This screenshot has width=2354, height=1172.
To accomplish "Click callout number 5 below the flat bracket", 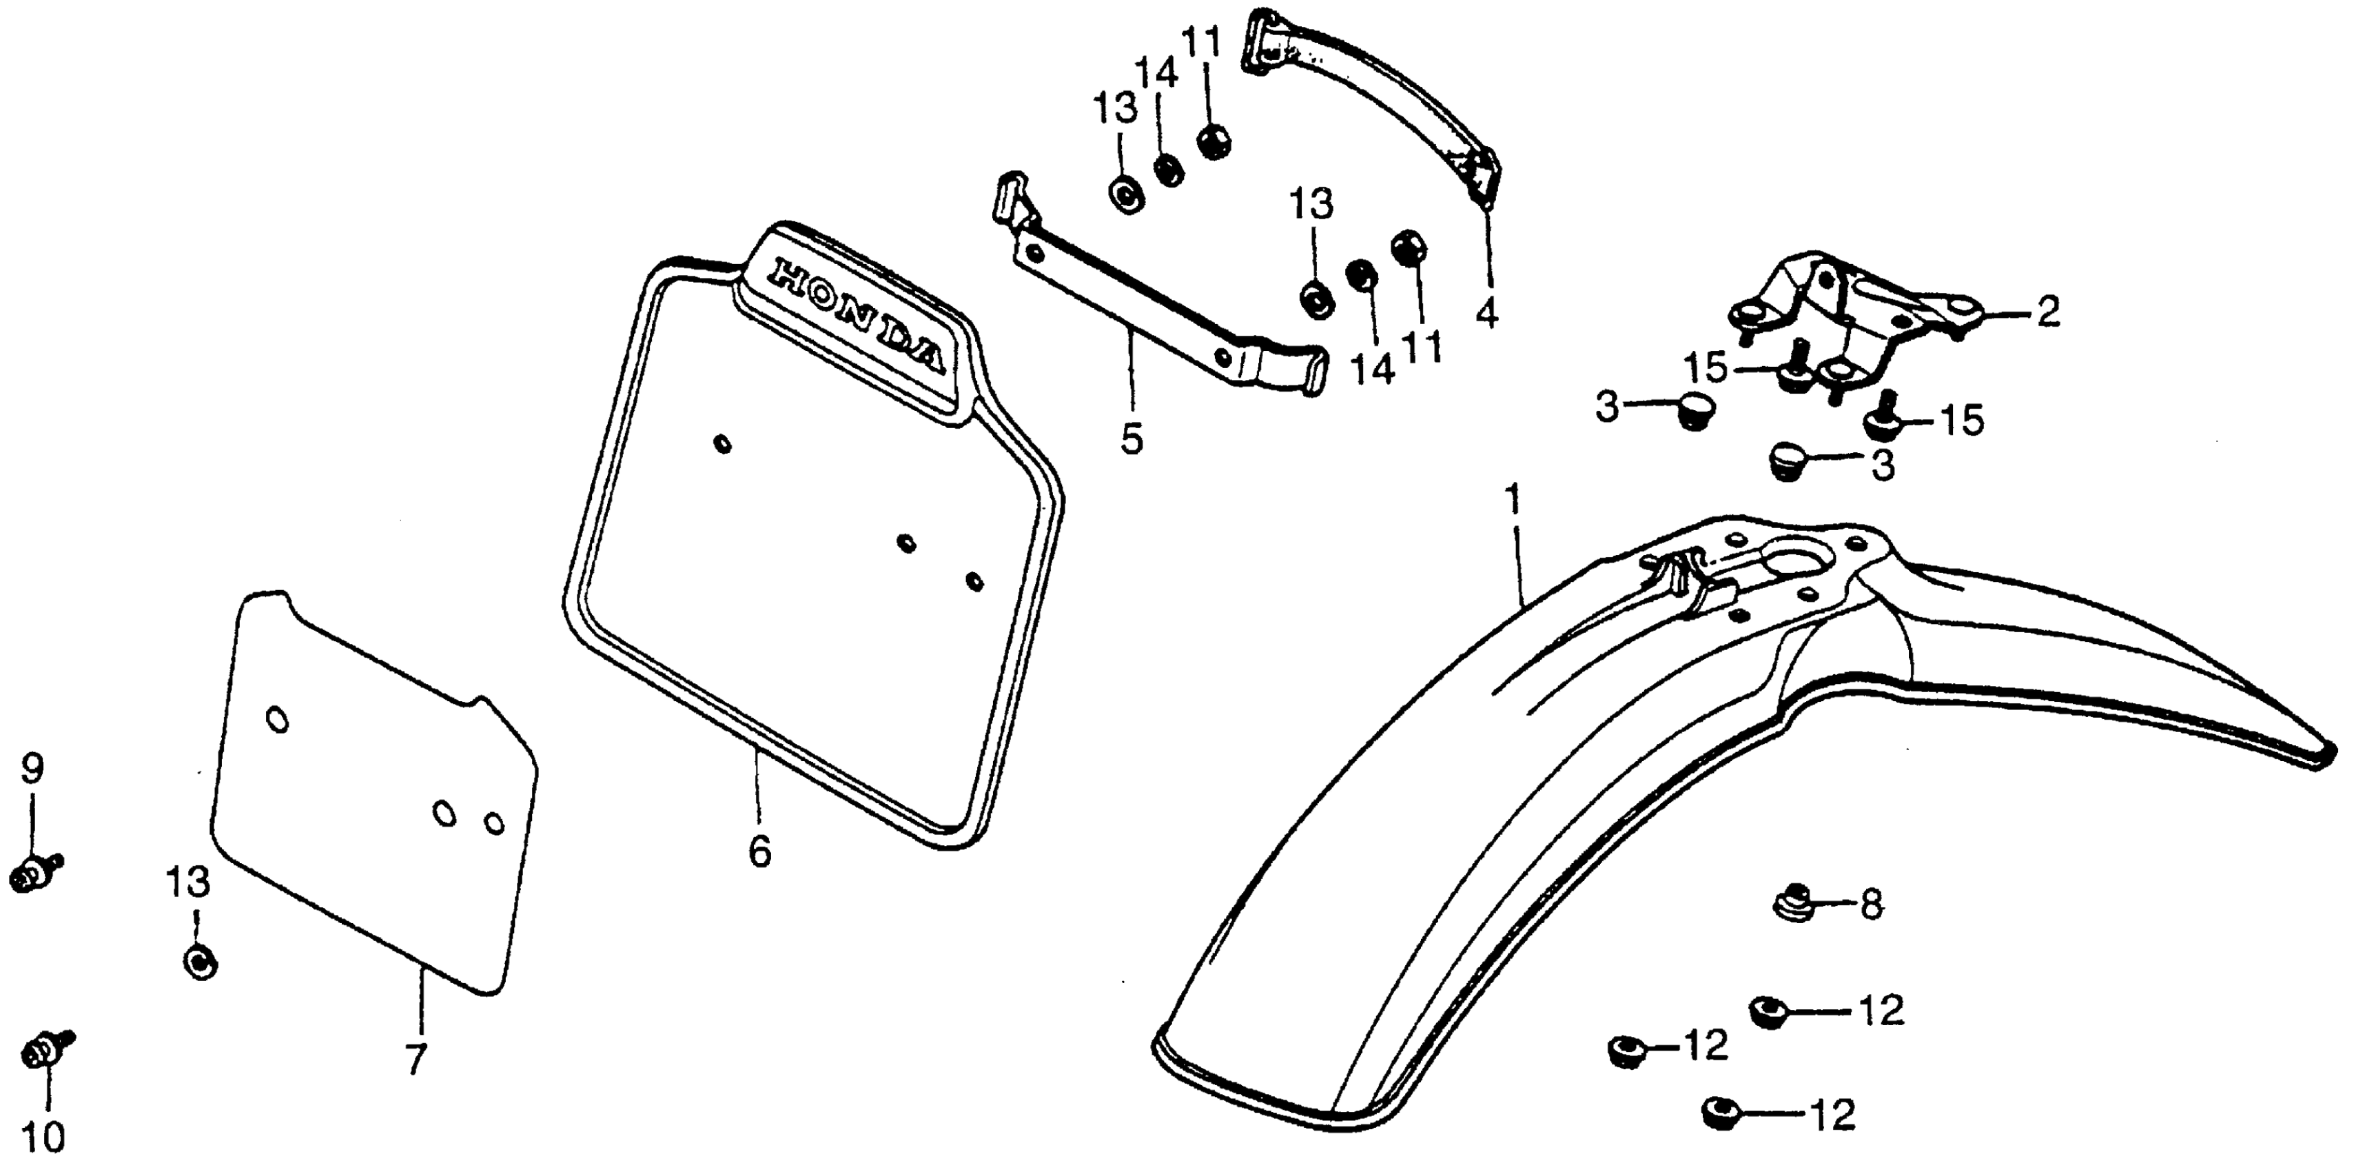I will click(1132, 439).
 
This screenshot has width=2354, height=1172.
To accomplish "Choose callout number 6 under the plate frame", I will click(759, 851).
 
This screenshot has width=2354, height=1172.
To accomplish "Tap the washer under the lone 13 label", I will click(199, 960).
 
